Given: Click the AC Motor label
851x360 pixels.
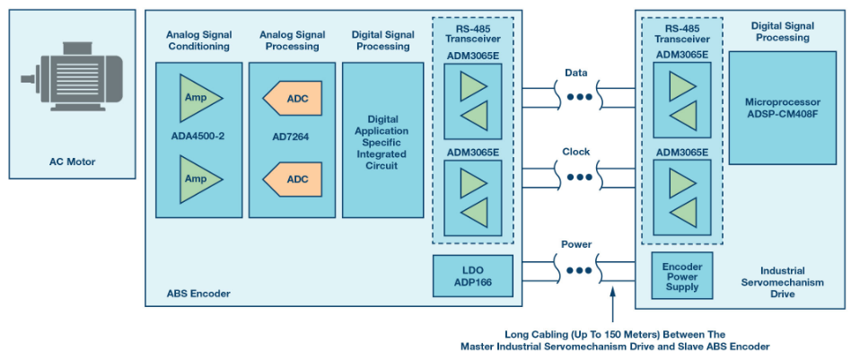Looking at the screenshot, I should [x=72, y=162].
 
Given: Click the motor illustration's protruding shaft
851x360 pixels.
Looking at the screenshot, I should [x=28, y=80].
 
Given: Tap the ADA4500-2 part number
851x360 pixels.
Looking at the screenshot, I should [x=198, y=137].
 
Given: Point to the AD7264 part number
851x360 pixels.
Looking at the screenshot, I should [x=292, y=137].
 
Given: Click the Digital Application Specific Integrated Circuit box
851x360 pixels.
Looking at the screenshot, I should [x=382, y=140].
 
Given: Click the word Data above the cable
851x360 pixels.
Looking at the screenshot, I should [x=576, y=72].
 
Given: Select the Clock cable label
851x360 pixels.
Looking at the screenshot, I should [x=576, y=152].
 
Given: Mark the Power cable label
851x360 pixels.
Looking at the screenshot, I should [x=576, y=243].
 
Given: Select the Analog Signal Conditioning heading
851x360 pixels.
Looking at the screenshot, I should [x=198, y=40].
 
